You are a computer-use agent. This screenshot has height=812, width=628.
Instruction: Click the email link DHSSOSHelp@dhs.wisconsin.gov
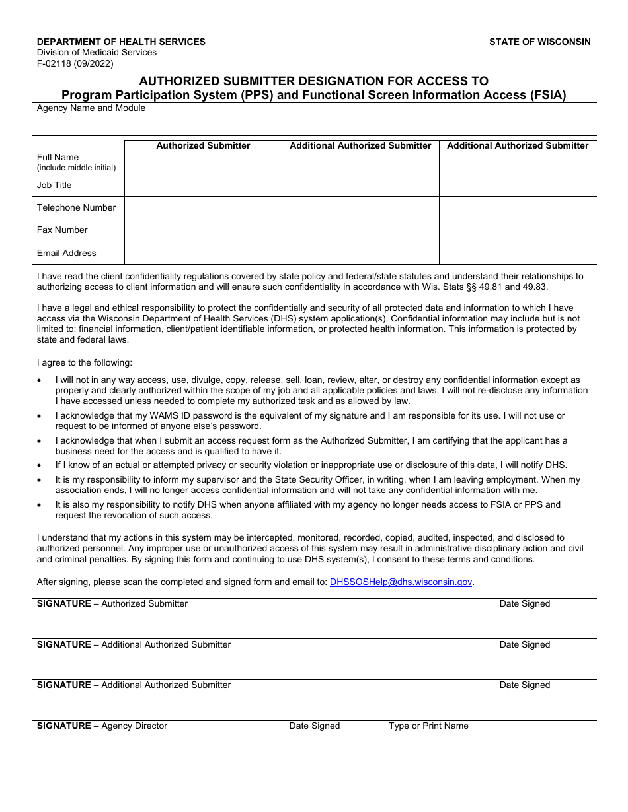coord(401,582)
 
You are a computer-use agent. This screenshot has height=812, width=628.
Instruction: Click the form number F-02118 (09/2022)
coord(75,64)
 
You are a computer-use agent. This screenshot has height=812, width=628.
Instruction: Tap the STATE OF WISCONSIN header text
coord(539,42)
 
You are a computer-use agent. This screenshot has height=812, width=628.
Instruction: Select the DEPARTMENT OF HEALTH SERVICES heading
coord(121,42)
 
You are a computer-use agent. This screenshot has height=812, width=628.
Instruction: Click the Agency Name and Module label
coord(91,108)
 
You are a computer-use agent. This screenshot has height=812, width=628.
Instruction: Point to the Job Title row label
coord(54,185)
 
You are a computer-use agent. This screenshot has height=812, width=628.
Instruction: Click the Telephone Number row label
coord(76,207)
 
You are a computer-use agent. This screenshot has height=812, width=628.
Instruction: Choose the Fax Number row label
coord(62,230)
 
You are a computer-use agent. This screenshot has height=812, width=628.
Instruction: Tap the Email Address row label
coord(66,253)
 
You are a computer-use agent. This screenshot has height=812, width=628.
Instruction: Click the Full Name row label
coord(58,157)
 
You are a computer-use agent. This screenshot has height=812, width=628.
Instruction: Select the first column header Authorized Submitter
coord(203,145)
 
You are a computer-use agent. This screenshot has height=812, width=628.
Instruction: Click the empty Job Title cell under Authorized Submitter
coord(203,186)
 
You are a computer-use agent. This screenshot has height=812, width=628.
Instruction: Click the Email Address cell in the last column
coord(518,253)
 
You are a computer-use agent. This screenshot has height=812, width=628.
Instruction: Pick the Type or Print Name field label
coord(428,726)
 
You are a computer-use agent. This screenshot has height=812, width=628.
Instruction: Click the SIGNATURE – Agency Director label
coord(102,726)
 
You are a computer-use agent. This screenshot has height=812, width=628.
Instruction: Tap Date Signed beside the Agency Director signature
coord(315,726)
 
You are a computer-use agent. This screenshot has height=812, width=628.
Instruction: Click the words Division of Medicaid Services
coord(97,53)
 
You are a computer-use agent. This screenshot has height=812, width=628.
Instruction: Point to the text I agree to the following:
coord(85,362)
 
